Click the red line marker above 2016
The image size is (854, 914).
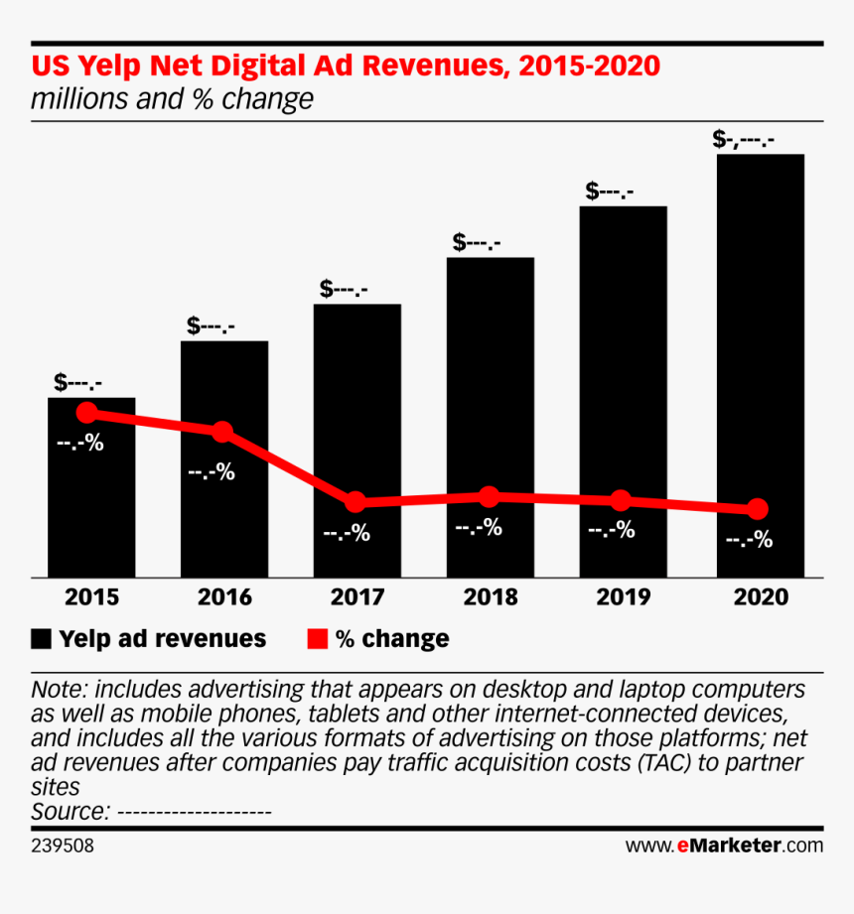click(x=222, y=432)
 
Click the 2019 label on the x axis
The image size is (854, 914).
click(x=623, y=597)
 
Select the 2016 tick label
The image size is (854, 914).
click(x=224, y=597)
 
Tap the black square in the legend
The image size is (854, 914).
click(x=41, y=638)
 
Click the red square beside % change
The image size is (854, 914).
click(x=317, y=638)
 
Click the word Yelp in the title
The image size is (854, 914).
click(x=103, y=67)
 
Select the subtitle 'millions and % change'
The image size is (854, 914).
click(x=172, y=100)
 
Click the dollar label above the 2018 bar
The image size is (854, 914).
click(x=477, y=241)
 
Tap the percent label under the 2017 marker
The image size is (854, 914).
click(x=346, y=533)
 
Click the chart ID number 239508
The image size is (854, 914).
click(x=63, y=846)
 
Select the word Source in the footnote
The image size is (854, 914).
click(x=69, y=811)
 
